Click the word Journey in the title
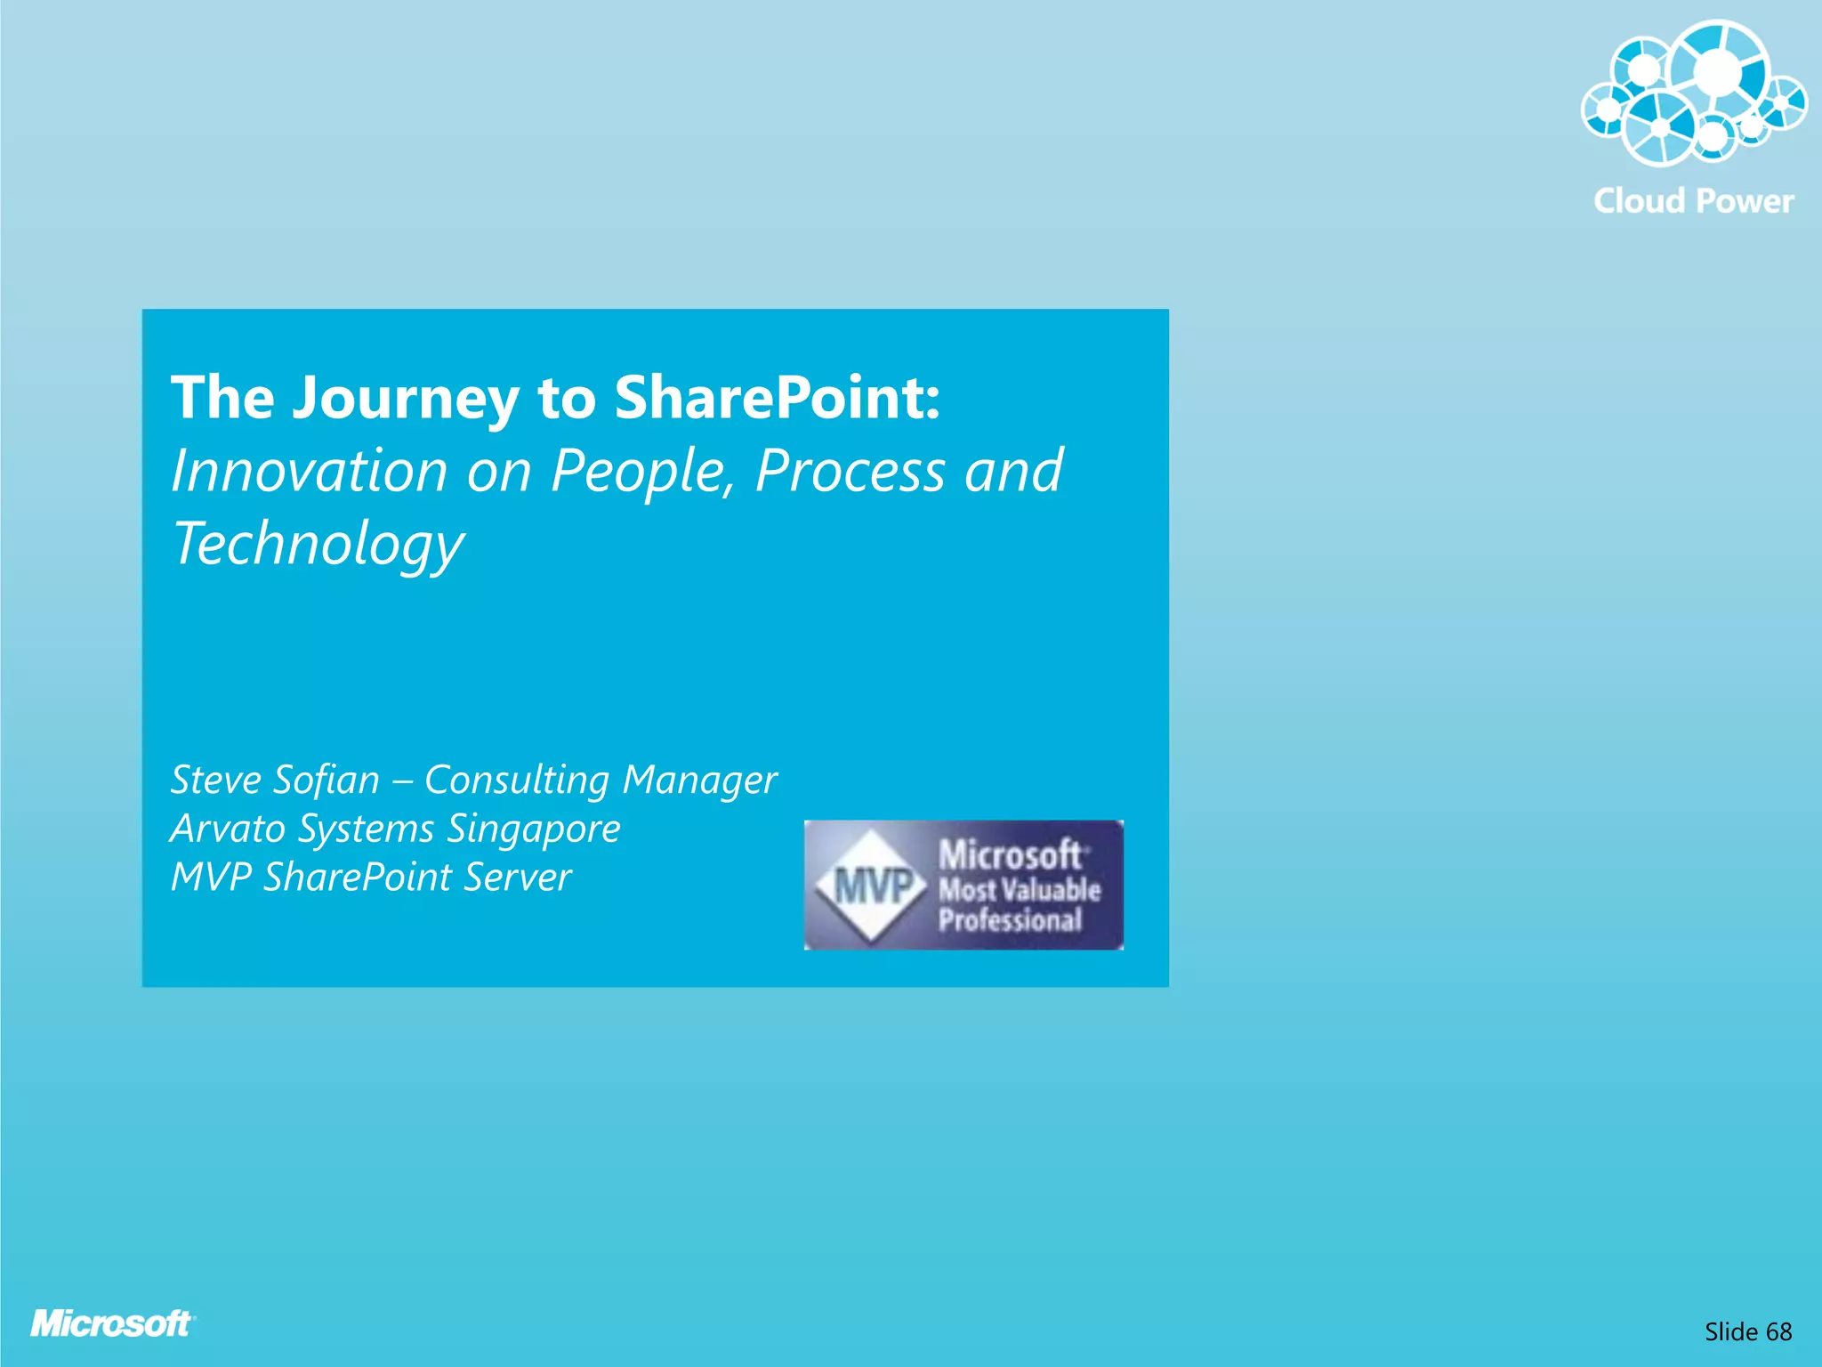click(x=406, y=398)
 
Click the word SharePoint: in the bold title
click(x=777, y=398)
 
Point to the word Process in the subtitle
click(x=849, y=471)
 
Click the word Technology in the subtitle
click(x=318, y=545)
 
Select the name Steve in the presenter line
click(x=215, y=781)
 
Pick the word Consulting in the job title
click(x=516, y=781)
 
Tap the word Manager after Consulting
click(x=699, y=781)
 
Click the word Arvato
click(x=228, y=829)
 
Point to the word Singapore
click(x=533, y=829)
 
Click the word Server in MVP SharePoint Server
click(x=517, y=878)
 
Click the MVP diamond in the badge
click(x=872, y=886)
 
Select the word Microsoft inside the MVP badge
click(x=1010, y=855)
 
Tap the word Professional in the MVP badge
click(x=1010, y=919)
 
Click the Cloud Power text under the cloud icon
click(x=1693, y=201)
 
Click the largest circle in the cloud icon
click(x=1718, y=71)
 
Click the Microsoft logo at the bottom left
click(x=112, y=1323)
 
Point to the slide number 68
click(x=1778, y=1331)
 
